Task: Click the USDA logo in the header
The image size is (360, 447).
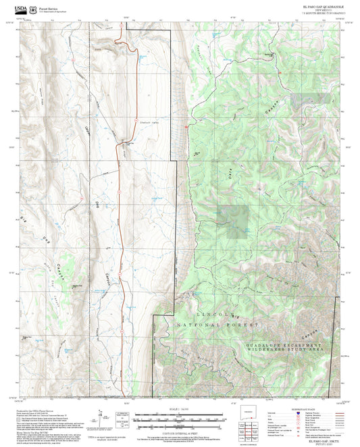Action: click(21, 10)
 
